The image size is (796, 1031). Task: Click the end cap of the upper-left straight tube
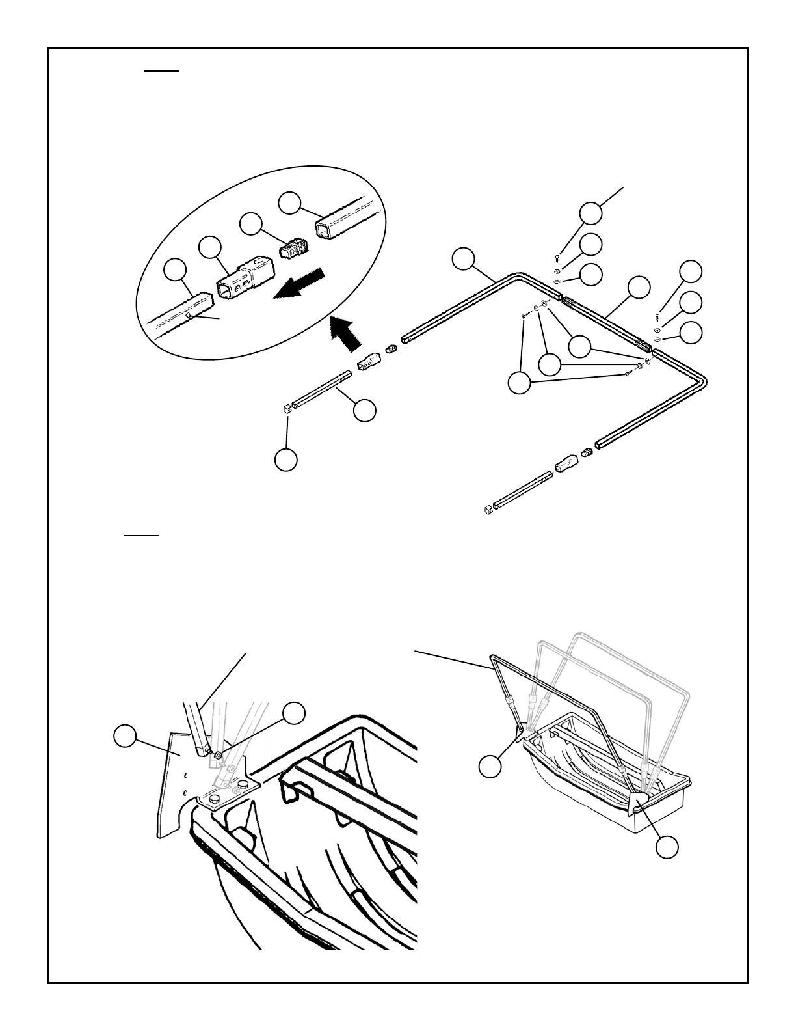(286, 409)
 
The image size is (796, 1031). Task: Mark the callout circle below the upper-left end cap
(286, 459)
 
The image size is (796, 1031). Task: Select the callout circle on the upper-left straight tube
(364, 410)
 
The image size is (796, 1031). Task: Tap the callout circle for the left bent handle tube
(464, 258)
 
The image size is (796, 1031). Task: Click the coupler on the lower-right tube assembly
(566, 463)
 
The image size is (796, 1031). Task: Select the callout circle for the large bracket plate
(125, 736)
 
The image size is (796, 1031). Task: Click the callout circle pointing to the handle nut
(294, 713)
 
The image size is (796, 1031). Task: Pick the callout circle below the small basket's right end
(667, 847)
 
